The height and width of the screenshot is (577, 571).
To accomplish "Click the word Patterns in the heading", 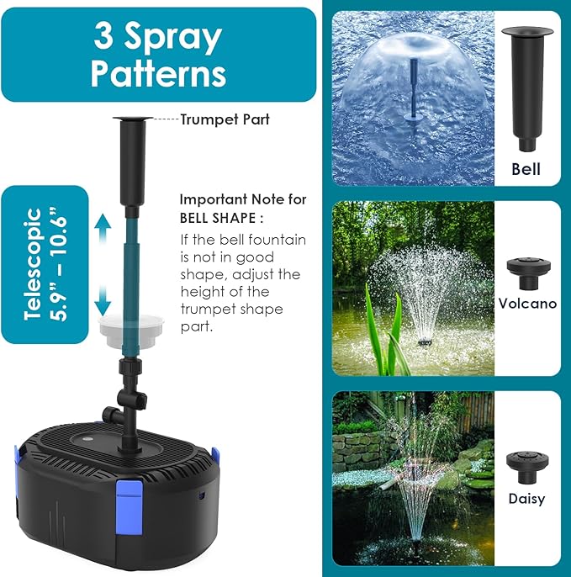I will click(159, 72).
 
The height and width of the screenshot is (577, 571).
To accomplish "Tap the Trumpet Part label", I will click(225, 119).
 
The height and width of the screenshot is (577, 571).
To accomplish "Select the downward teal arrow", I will click(103, 297).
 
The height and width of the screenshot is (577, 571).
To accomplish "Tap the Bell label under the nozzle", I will click(526, 169).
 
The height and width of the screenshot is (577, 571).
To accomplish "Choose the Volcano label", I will click(527, 303).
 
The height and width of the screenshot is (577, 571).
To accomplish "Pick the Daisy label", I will click(527, 499).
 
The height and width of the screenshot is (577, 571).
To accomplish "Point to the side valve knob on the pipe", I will click(109, 414).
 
